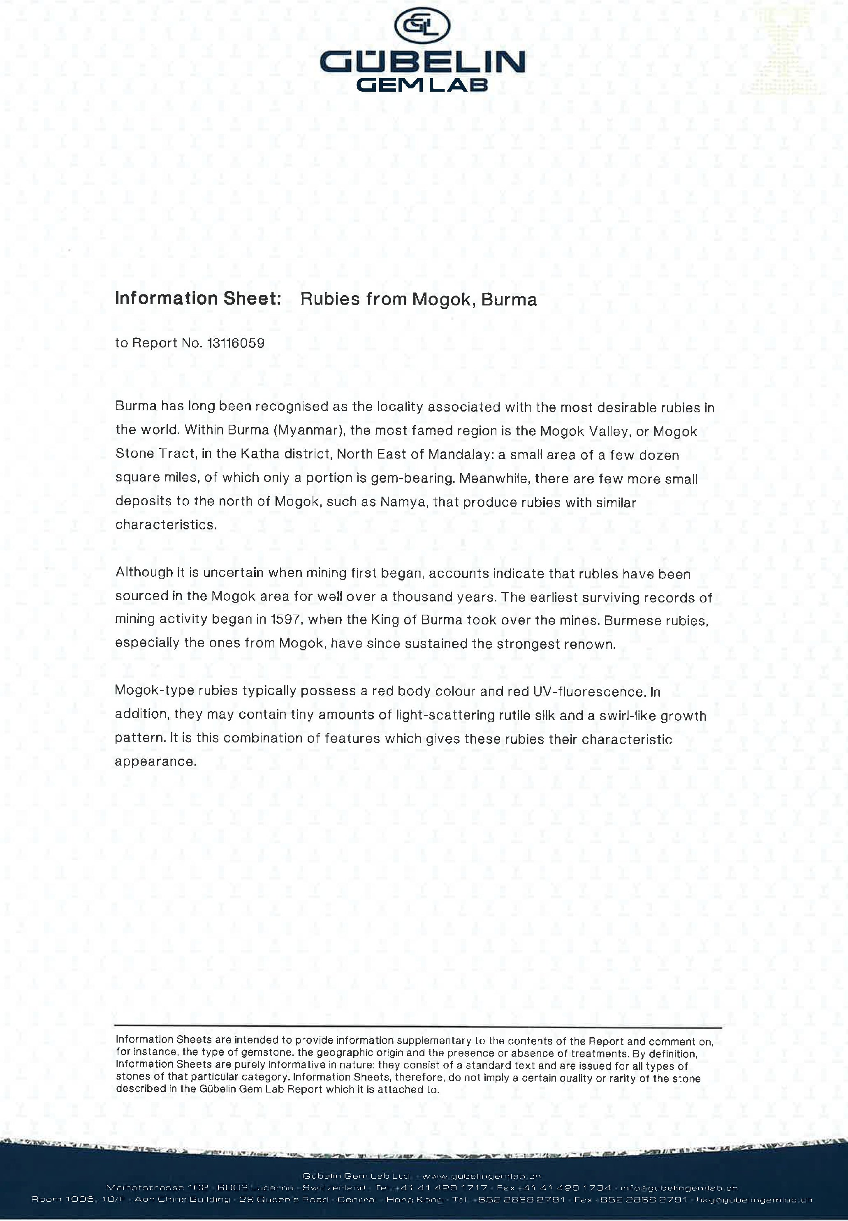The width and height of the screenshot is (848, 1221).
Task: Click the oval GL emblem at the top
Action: [x=423, y=25]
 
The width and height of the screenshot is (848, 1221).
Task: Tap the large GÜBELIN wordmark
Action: [x=422, y=62]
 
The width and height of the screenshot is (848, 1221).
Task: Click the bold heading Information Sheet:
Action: [x=198, y=298]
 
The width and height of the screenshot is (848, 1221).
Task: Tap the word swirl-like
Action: [x=628, y=715]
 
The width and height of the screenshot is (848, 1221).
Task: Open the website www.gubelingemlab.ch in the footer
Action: [x=482, y=1176]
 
